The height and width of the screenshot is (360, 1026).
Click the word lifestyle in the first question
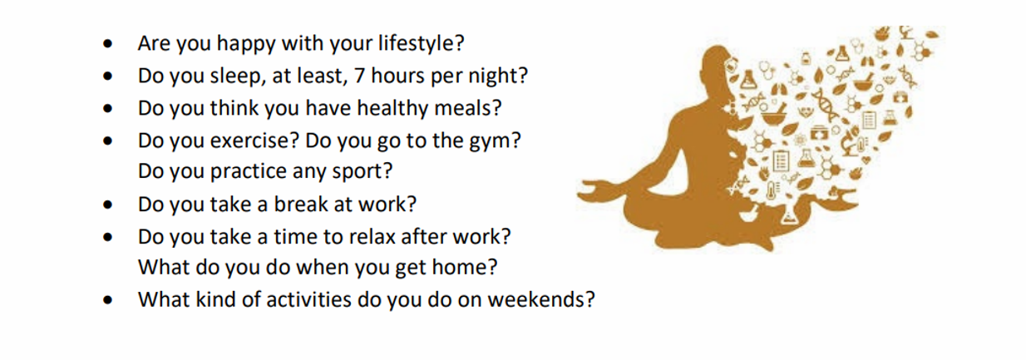point(416,44)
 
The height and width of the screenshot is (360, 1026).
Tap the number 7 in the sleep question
point(358,76)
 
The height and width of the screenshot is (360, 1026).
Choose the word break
point(300,204)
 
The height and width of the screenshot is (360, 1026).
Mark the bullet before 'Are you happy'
point(107,44)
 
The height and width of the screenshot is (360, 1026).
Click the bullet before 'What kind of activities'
point(107,300)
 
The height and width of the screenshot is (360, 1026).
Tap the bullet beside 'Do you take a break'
point(107,205)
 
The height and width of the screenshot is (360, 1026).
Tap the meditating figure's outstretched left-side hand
point(592,191)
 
